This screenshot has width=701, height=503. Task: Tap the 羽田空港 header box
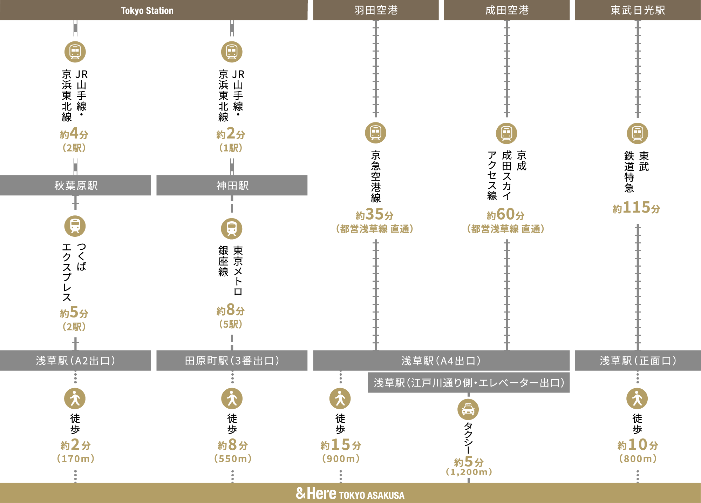coord(376,10)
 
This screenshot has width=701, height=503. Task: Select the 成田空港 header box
coord(507,10)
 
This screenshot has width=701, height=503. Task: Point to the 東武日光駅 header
coord(638,10)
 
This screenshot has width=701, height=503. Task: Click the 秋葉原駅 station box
coord(75,185)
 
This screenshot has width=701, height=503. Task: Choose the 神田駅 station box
coord(232,185)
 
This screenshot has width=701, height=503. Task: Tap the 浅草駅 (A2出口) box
coord(75,360)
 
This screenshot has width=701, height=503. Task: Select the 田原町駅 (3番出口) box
coord(232,360)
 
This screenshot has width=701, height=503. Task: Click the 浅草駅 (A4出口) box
coord(441,360)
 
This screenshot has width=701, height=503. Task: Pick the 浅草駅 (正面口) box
coord(638,360)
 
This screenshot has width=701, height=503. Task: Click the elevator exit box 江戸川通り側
coord(469,382)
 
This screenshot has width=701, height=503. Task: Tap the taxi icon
coord(468,409)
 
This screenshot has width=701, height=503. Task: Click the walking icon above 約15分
coord(340,398)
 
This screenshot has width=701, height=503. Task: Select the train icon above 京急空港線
coord(376,133)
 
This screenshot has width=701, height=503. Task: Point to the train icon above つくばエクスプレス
coord(75,226)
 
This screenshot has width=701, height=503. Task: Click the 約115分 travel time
coord(637,208)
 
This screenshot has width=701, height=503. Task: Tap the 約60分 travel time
coord(506,214)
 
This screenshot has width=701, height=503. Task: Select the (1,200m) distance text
coord(469,472)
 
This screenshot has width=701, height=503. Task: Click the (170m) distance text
coord(76,458)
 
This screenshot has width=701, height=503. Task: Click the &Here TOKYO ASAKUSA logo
coord(350,494)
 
